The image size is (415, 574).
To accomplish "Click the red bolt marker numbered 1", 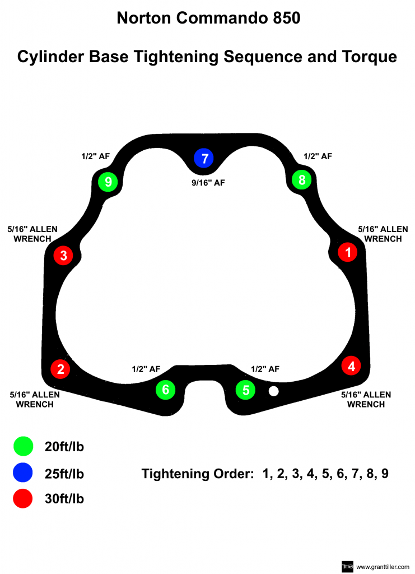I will click(x=348, y=252).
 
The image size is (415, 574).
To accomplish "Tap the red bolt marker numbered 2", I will click(x=60, y=369).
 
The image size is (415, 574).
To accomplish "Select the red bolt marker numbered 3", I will click(x=63, y=256).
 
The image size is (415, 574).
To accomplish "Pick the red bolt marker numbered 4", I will click(x=351, y=367).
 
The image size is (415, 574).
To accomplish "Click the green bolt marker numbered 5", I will click(x=245, y=390).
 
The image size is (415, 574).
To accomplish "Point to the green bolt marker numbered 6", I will click(x=165, y=390).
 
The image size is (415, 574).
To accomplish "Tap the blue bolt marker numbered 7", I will click(x=204, y=159).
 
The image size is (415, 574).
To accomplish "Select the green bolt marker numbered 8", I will click(x=302, y=180).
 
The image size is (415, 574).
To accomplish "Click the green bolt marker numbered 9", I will click(x=108, y=182).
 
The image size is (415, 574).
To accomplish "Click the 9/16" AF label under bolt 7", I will click(x=208, y=182).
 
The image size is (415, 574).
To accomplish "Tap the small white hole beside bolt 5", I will click(x=273, y=391).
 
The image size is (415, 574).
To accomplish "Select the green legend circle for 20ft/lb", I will click(x=23, y=446).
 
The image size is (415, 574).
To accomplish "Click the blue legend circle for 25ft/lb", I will click(x=23, y=473).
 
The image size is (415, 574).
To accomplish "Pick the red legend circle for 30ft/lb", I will click(x=23, y=498).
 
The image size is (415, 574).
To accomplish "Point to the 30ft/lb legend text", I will click(x=64, y=498).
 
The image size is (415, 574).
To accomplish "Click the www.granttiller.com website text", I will click(x=383, y=567).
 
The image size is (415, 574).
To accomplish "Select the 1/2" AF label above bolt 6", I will click(x=146, y=369).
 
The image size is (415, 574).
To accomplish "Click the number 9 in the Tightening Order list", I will click(x=385, y=473).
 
